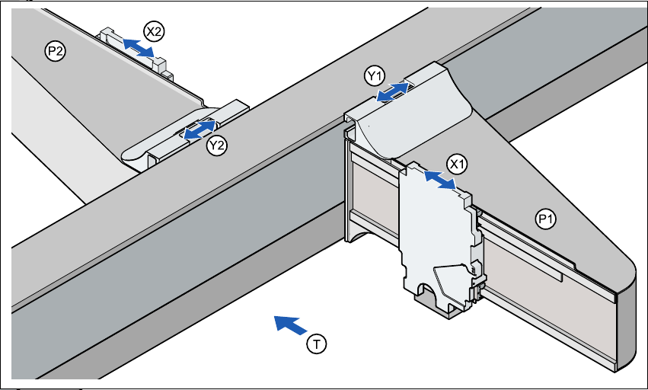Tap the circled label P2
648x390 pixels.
pos(55,52)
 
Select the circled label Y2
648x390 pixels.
pos(218,145)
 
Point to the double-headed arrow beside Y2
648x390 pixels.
pos(197,129)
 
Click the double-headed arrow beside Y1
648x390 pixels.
pos(394,93)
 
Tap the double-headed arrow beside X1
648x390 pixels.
pos(439,181)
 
